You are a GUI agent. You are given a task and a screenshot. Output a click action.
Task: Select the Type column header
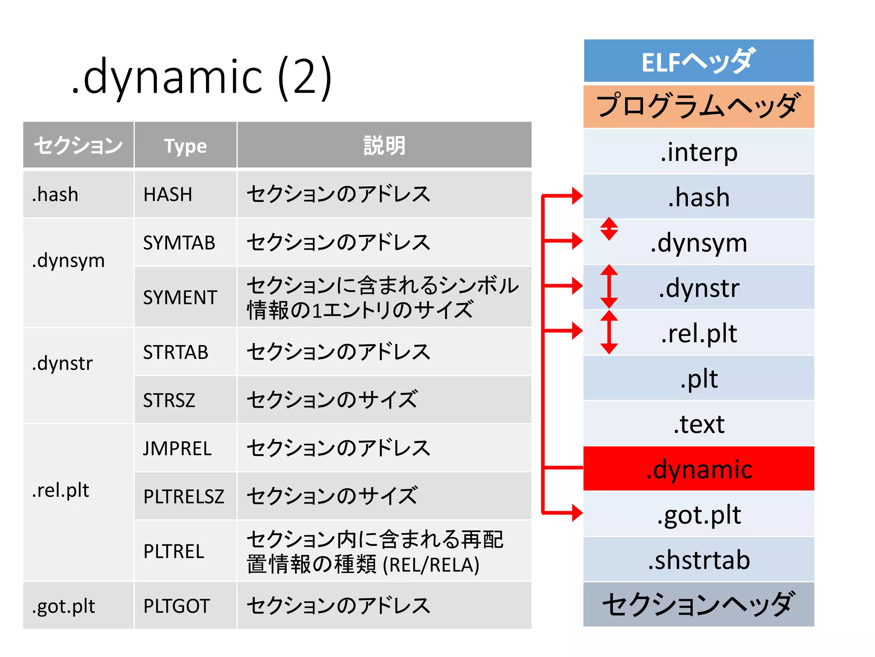[185, 146]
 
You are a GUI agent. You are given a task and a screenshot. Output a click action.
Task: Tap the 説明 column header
[384, 146]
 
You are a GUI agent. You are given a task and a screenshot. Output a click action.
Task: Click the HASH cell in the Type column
[168, 195]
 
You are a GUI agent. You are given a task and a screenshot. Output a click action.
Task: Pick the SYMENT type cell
[180, 297]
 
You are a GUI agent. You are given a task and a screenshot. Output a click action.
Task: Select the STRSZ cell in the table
[169, 400]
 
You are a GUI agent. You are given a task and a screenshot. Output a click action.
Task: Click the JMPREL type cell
[177, 449]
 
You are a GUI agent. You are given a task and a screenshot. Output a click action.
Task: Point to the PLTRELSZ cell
[184, 497]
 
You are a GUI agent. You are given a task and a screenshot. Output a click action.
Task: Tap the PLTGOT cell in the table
[176, 606]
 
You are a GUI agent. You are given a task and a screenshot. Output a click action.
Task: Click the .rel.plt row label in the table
[61, 490]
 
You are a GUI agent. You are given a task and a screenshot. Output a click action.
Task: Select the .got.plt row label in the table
[63, 606]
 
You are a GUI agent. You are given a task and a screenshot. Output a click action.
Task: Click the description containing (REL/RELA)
[374, 552]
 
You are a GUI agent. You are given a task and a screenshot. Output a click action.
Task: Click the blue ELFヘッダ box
[699, 61]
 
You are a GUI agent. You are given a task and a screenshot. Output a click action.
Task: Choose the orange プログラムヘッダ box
[699, 107]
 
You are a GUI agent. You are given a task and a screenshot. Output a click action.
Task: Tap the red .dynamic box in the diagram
[699, 469]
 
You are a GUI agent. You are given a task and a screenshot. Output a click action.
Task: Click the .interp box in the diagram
[699, 152]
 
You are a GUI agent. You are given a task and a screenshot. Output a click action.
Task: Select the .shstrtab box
[699, 560]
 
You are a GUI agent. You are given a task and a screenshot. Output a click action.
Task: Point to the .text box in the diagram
[699, 424]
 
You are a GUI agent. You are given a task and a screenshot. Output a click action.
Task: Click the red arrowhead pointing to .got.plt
[576, 512]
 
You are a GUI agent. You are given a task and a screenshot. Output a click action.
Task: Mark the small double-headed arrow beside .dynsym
[609, 229]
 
